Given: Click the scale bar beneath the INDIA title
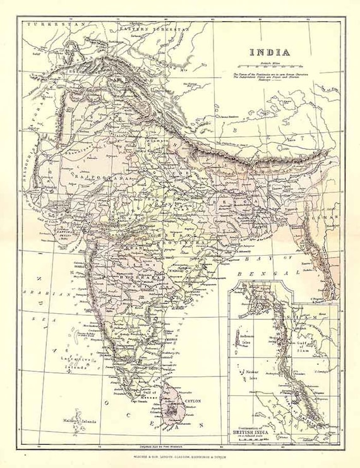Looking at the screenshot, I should coord(270,65).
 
